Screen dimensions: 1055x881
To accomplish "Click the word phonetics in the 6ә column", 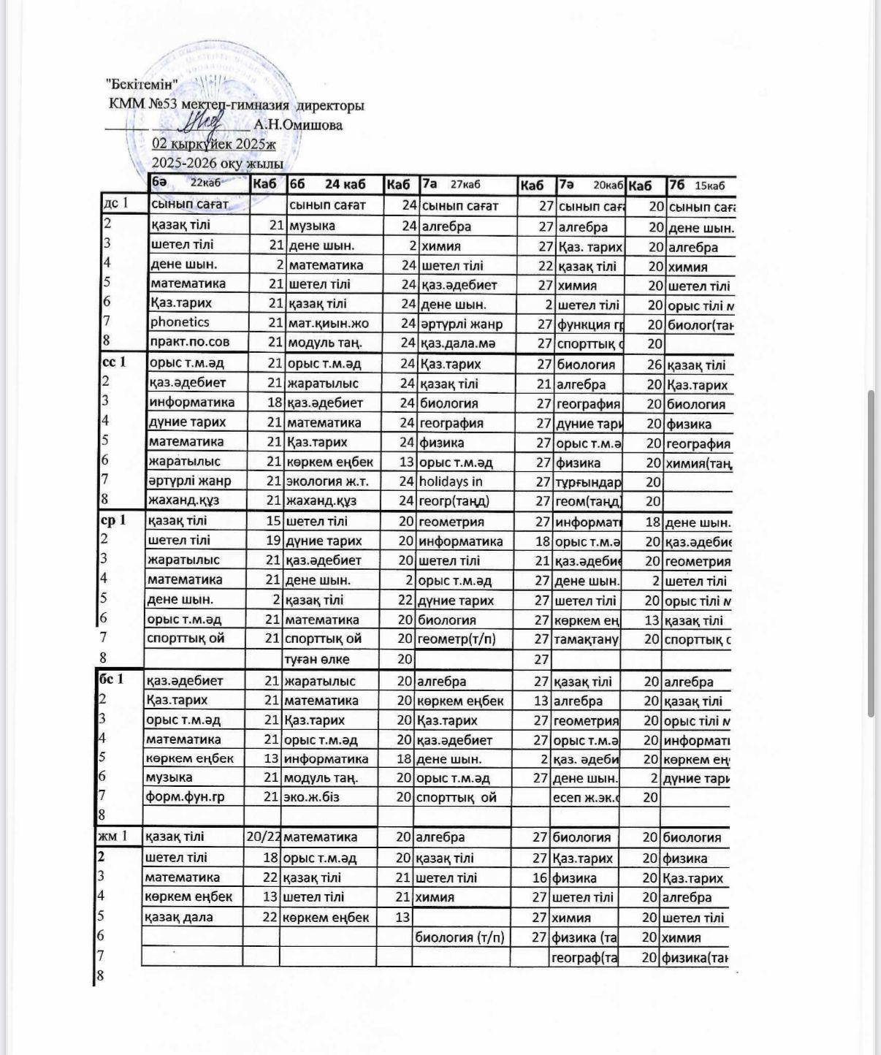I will click(x=180, y=322).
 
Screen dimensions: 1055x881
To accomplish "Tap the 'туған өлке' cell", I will click(x=317, y=659).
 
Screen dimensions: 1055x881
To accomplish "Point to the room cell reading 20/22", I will click(x=262, y=837).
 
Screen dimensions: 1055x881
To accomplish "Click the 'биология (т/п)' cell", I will click(x=459, y=937).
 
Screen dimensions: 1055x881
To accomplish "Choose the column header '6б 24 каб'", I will click(x=327, y=184).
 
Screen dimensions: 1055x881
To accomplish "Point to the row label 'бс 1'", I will click(x=112, y=679).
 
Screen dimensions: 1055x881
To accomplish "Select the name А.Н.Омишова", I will click(x=298, y=125).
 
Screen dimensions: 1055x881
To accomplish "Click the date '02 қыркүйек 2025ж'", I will click(x=213, y=144).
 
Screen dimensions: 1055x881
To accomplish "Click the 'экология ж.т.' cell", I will click(x=327, y=481).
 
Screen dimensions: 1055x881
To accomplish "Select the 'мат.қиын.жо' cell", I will click(x=328, y=323).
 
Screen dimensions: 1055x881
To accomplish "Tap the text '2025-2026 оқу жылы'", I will click(x=217, y=164).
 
